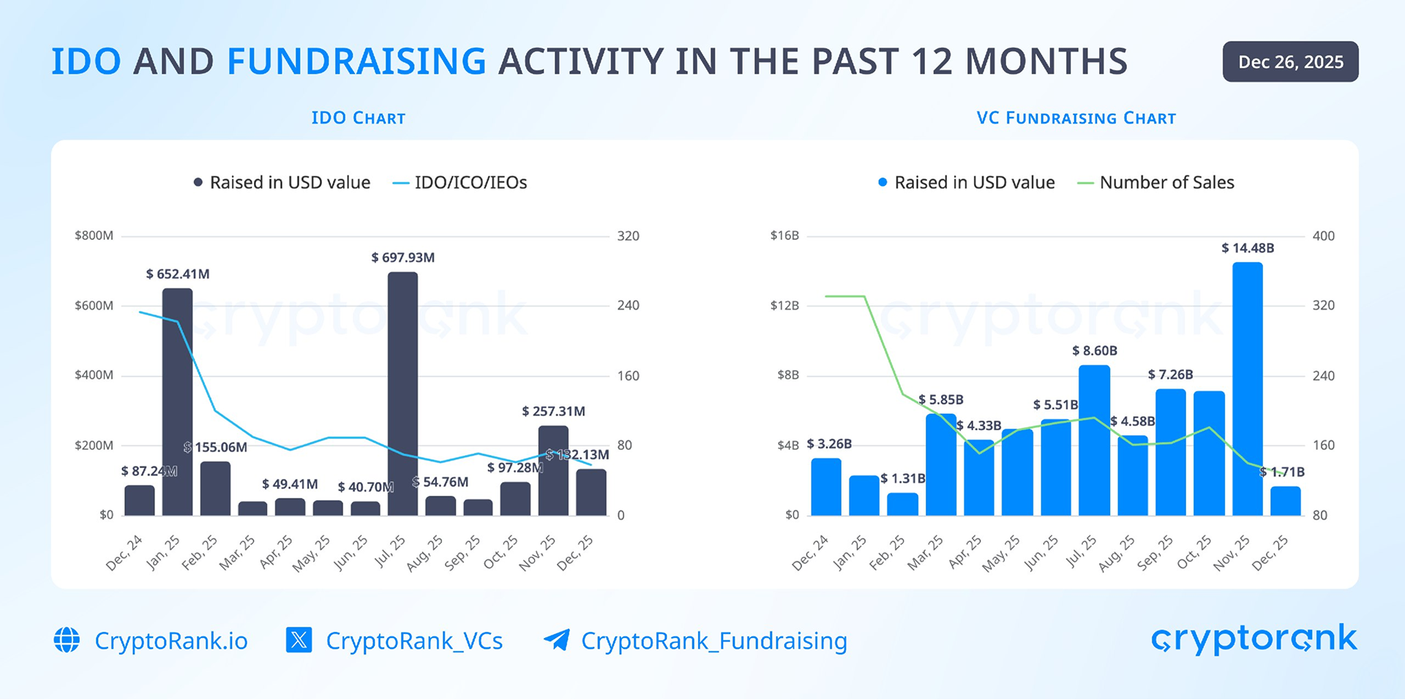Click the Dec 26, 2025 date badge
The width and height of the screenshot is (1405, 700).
pyautogui.click(x=1290, y=62)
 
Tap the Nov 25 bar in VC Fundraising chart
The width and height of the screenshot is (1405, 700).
pyautogui.click(x=1247, y=388)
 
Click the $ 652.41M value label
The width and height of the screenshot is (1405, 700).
pyautogui.click(x=178, y=274)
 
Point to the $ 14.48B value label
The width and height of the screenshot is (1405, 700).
pyautogui.click(x=1248, y=249)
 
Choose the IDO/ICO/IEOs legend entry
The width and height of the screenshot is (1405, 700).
pyautogui.click(x=460, y=183)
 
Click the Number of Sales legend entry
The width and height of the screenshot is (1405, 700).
pyautogui.click(x=1156, y=183)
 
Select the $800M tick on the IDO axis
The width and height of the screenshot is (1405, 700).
pyautogui.click(x=94, y=236)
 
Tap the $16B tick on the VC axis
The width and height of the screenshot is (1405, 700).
pyautogui.click(x=784, y=236)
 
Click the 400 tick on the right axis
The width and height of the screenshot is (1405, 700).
pyautogui.click(x=1323, y=236)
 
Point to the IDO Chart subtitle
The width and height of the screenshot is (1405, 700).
pyautogui.click(x=358, y=118)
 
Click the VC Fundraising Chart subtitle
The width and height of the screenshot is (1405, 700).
pyautogui.click(x=1076, y=118)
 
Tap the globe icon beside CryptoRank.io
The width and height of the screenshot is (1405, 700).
pyautogui.click(x=67, y=640)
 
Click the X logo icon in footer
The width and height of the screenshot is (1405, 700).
pyautogui.click(x=299, y=640)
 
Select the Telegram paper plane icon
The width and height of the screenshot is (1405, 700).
pyautogui.click(x=557, y=640)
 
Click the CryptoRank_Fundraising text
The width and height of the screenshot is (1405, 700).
pyautogui.click(x=713, y=641)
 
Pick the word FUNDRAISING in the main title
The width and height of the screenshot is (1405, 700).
pyautogui.click(x=356, y=61)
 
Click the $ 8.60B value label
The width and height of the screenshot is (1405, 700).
pyautogui.click(x=1094, y=351)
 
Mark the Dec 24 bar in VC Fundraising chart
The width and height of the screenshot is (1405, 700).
pyautogui.click(x=826, y=487)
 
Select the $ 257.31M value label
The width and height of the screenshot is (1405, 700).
pyautogui.click(x=553, y=412)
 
